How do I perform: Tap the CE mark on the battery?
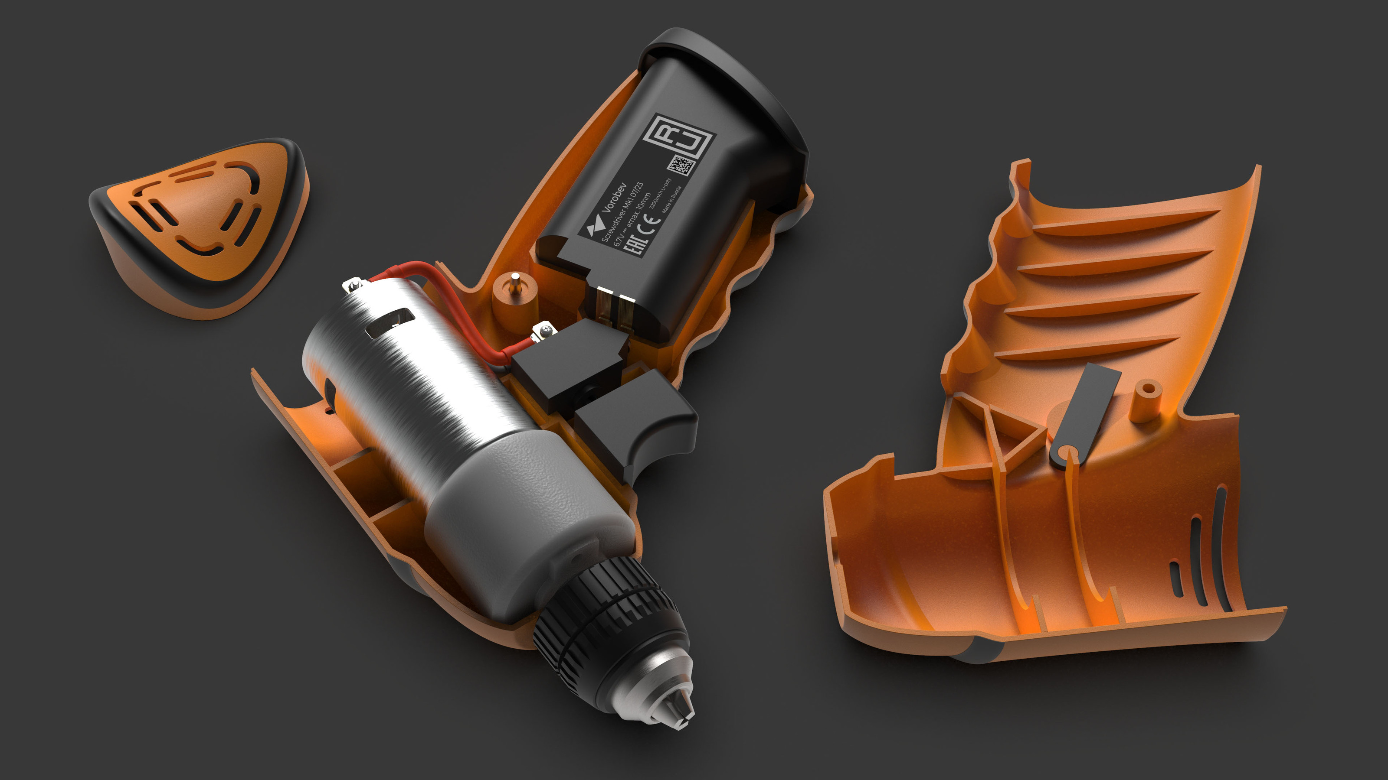(x=651, y=224)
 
